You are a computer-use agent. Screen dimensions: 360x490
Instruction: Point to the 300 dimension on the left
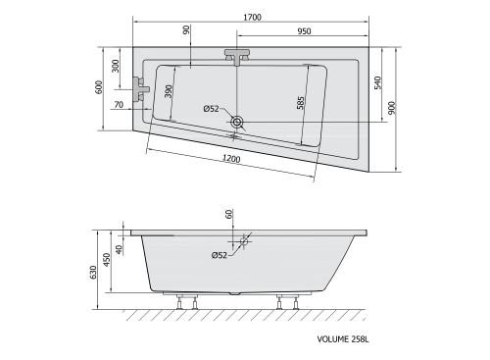(116, 67)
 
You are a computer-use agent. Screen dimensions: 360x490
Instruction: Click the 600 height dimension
(98, 87)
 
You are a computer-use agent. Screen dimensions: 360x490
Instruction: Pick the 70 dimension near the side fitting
(119, 104)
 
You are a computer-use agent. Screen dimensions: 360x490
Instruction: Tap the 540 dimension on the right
(377, 84)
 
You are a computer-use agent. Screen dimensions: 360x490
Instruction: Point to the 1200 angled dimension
(231, 159)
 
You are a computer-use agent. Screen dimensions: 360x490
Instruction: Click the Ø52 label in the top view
(210, 108)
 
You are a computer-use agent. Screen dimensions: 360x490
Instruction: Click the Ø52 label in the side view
(219, 255)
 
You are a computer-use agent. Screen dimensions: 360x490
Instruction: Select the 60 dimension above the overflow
(231, 216)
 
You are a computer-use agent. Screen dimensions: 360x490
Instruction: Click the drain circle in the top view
(238, 123)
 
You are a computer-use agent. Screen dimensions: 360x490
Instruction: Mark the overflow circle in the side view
(243, 240)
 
